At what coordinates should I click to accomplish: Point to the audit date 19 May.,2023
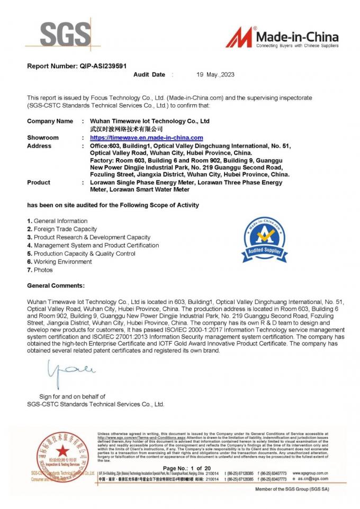coord(215,75)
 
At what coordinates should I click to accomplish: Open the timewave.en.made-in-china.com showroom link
coord(143,137)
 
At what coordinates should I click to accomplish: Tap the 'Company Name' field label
coord(50,121)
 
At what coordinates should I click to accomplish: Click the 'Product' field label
coord(39,182)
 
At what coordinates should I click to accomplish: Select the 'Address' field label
coord(39,145)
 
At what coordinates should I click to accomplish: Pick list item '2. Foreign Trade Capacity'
coord(62,229)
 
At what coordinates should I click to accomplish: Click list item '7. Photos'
coord(40,270)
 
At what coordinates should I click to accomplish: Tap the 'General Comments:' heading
coord(56,285)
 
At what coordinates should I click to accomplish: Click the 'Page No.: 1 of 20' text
coord(187,468)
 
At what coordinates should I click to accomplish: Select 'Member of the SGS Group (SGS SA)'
coord(292,489)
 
